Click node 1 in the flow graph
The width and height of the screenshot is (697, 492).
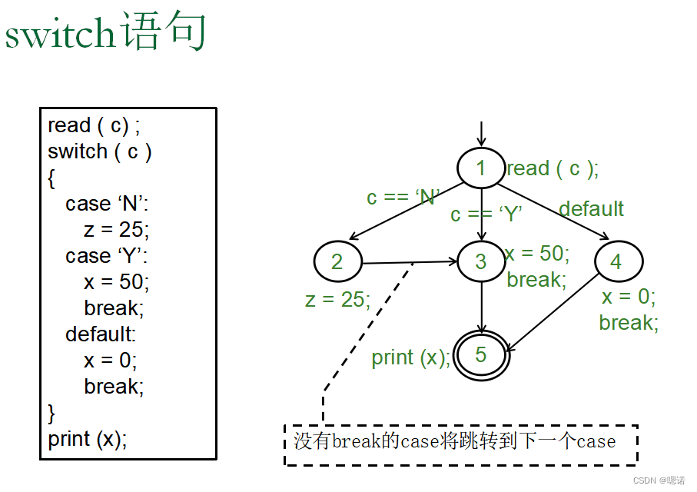481,168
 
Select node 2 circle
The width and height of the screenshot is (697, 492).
337,261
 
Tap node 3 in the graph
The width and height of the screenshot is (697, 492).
481,261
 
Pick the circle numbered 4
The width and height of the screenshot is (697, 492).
616,261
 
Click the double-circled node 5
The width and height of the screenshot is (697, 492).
481,354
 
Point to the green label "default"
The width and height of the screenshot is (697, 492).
591,209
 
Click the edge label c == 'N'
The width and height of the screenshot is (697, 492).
402,198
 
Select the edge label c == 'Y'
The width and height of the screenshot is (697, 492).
486,214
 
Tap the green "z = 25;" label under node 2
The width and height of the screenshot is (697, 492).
337,299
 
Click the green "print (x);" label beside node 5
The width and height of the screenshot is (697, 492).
411,357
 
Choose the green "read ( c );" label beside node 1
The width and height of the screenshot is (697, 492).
552,169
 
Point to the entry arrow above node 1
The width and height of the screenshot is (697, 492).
481,133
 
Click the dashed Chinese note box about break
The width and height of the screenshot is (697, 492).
460,443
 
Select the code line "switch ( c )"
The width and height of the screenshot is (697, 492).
100,151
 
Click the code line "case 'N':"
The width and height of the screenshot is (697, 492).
107,204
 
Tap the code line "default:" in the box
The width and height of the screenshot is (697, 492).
100,334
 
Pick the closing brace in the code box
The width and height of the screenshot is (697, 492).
51,413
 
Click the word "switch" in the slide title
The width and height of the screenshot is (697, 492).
60,35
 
